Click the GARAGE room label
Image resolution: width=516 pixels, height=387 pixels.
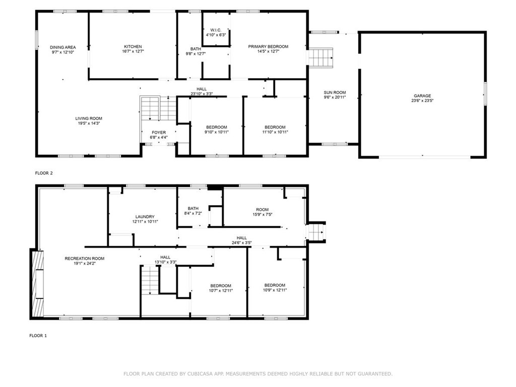(422, 96)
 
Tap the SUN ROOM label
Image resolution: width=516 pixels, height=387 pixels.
(335, 93)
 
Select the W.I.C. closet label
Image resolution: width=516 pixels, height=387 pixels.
(216, 30)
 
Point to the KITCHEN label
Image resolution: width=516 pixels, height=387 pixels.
(133, 47)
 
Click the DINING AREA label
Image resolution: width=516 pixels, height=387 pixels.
(63, 47)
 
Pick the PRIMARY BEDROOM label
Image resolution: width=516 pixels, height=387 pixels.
(268, 47)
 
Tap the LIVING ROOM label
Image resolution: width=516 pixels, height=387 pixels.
(89, 118)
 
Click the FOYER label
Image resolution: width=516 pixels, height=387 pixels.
(159, 133)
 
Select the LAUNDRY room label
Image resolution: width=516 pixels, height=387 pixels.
(145, 217)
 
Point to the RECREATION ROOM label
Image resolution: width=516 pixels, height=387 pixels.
(85, 259)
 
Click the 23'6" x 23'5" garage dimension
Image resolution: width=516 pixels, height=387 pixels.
(422, 101)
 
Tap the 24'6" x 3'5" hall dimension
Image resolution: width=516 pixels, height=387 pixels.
(241, 243)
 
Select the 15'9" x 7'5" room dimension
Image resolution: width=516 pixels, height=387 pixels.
(262, 215)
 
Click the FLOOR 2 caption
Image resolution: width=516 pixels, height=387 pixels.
(44, 173)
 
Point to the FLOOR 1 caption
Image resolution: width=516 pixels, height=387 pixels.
(38, 336)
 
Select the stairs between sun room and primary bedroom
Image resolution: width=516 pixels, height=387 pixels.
(321, 58)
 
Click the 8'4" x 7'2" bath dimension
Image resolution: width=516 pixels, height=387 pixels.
(193, 213)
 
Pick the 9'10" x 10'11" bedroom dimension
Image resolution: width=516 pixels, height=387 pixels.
(217, 133)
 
